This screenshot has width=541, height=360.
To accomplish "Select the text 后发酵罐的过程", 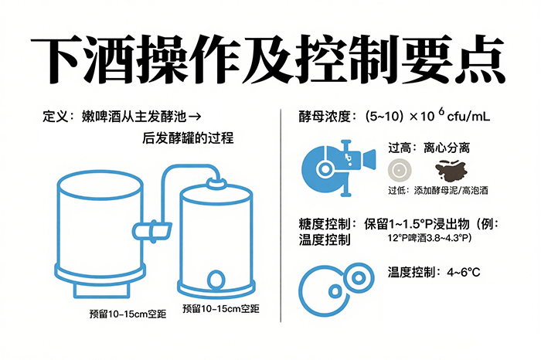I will click(x=188, y=139).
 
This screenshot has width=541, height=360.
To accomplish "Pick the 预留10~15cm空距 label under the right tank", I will click(x=221, y=308).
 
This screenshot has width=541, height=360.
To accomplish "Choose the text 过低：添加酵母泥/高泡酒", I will click(x=437, y=189).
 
